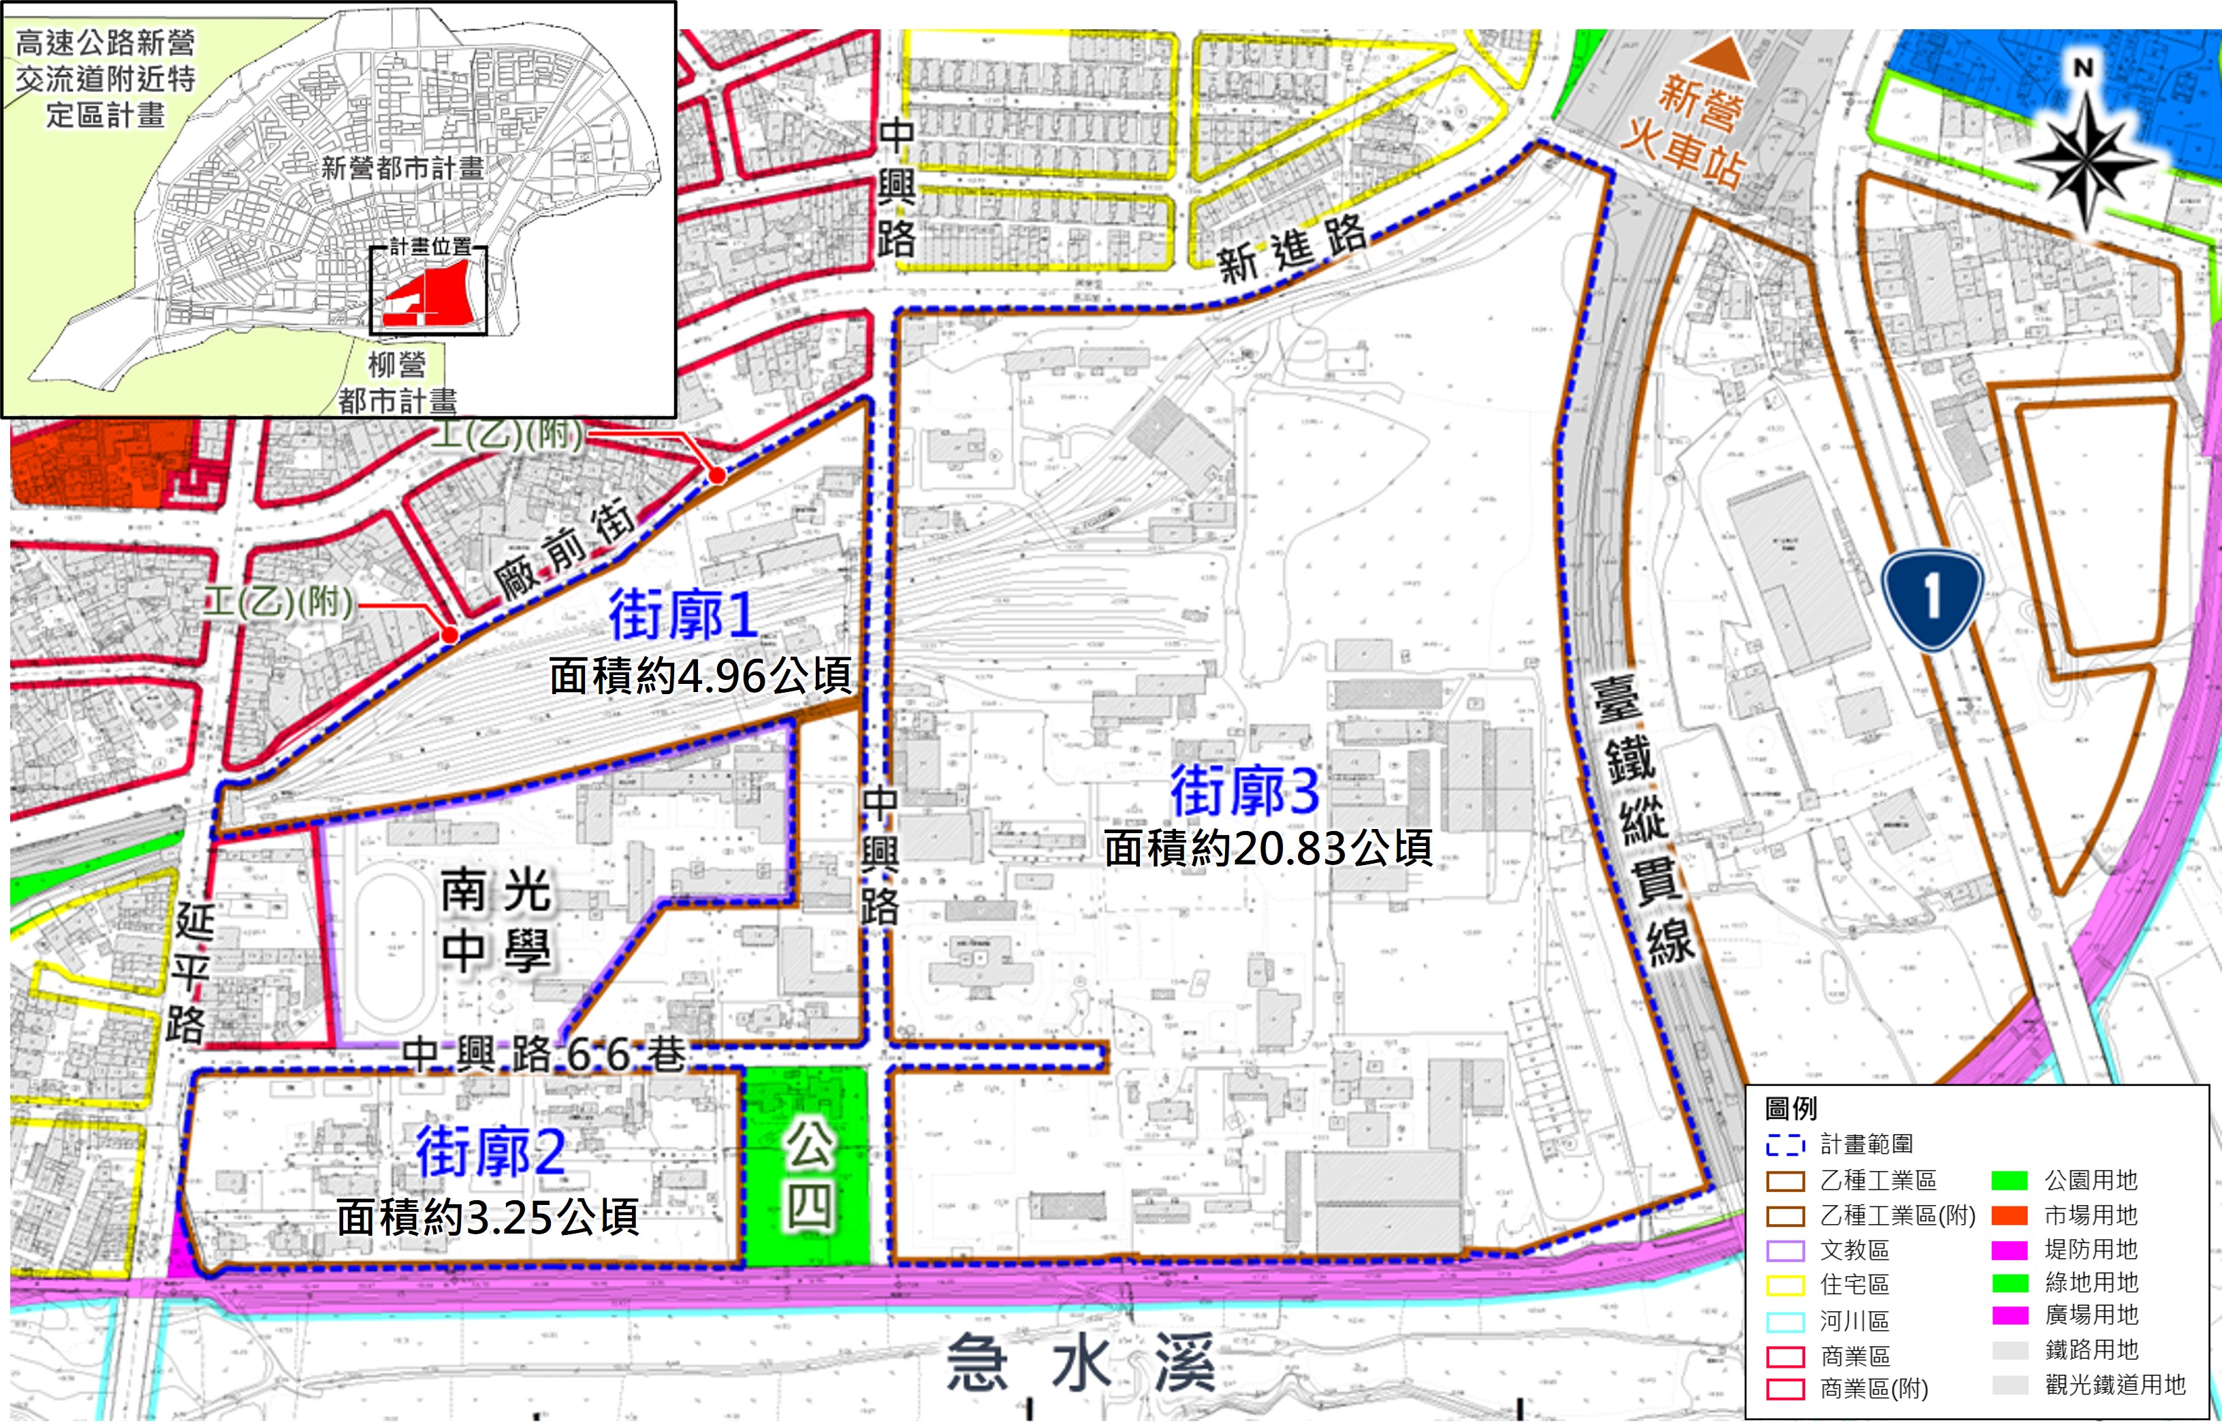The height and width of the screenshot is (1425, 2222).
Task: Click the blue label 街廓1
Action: tap(684, 614)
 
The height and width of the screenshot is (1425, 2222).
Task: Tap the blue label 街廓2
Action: tap(490, 1151)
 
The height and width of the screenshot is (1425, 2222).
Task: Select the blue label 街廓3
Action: tap(1244, 791)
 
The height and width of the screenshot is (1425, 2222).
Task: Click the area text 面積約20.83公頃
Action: tap(1268, 847)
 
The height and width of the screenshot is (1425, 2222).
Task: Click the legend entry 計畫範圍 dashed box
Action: tap(1784, 1146)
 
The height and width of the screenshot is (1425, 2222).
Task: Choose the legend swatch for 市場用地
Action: tap(2010, 1215)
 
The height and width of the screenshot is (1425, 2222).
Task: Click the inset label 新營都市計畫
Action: tap(402, 168)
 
